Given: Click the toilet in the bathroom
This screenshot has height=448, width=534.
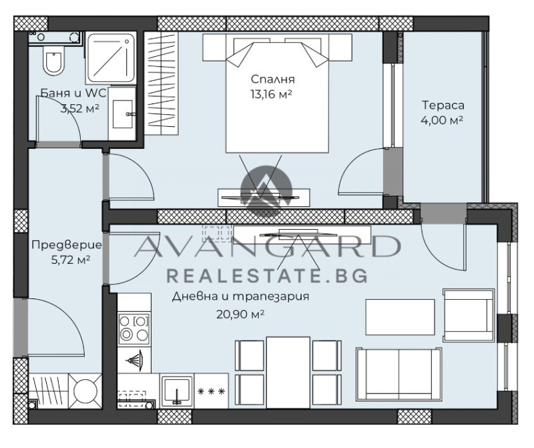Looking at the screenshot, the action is (54, 61).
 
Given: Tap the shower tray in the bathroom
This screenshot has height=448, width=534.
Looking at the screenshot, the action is (111, 57).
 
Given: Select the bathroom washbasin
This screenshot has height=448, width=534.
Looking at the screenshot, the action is (122, 114).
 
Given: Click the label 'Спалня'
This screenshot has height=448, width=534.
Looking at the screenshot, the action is (272, 79).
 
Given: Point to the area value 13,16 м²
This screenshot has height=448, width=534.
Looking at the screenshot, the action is (272, 93).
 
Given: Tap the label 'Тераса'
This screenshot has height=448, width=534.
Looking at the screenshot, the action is (443, 105).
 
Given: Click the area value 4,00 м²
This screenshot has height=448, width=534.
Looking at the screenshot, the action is (442, 120).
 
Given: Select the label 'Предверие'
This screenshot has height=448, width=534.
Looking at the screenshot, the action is (67, 245).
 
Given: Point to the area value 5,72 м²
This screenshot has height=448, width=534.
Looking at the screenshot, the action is (71, 260).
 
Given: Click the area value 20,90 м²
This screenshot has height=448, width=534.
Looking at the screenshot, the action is (240, 314).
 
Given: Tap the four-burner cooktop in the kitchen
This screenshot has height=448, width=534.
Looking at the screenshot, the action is (134, 328).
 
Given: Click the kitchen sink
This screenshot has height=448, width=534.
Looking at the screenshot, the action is (177, 391).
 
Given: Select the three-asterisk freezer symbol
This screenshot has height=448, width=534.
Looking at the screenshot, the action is (212, 391).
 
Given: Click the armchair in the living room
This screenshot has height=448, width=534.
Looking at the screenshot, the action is (469, 315).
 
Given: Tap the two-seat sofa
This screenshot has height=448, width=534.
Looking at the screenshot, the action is (398, 375).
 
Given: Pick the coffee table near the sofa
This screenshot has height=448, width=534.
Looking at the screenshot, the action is (400, 317).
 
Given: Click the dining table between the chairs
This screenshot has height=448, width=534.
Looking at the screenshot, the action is (288, 372).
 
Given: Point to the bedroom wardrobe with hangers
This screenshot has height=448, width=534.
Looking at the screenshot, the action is (161, 83).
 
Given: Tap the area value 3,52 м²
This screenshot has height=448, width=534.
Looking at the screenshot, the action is (80, 108).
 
